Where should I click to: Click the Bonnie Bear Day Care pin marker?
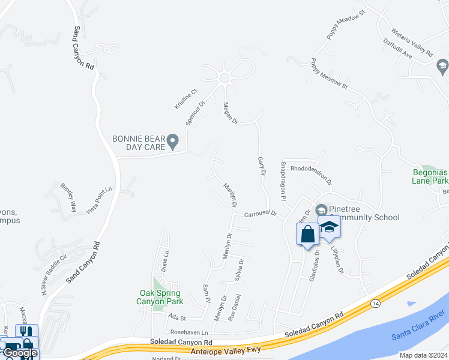point(173,142)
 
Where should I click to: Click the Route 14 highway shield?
point(376,304)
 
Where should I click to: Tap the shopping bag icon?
point(308,235)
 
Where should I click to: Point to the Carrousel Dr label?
point(260,214)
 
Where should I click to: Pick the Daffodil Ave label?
point(397,48)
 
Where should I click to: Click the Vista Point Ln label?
point(99,200)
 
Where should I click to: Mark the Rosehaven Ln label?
point(188,332)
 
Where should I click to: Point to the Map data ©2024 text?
point(423,355)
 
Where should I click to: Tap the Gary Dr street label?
point(261,167)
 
